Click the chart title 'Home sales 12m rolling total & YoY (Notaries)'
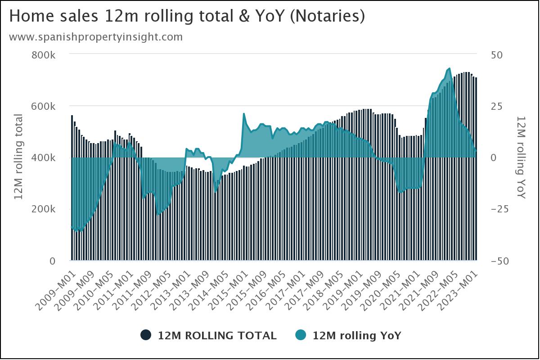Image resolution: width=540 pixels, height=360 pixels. click(187, 17)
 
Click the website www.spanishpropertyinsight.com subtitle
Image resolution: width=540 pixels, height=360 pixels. click(96, 37)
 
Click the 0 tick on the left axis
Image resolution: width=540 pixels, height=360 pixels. click(52, 261)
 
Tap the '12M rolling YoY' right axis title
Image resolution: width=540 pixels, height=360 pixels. click(521, 157)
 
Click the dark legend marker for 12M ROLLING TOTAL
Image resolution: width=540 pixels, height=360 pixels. click(145, 335)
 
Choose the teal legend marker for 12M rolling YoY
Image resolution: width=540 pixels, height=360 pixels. click(301, 335)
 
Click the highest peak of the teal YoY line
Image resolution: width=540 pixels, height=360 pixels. click(449, 68)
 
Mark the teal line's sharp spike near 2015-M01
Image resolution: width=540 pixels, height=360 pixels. click(244, 114)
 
